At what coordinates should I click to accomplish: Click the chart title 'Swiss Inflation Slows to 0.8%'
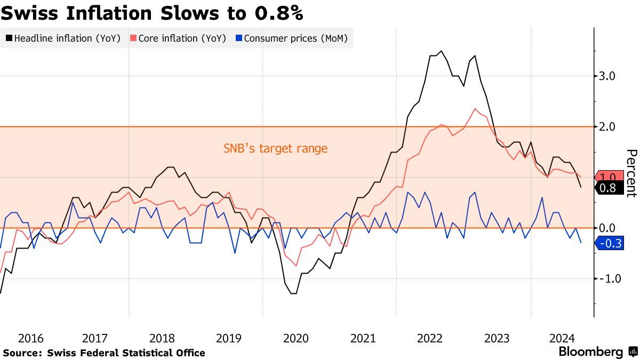click(x=152, y=13)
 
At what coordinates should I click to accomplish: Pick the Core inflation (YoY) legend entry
click(x=182, y=38)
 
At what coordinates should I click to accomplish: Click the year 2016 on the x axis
click(x=31, y=338)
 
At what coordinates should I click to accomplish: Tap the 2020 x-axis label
click(x=296, y=338)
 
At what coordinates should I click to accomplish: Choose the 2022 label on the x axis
click(x=430, y=338)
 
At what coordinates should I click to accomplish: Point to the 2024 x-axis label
click(x=563, y=338)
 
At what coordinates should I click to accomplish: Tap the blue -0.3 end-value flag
click(x=609, y=244)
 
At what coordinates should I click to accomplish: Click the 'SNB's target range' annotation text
click(x=275, y=148)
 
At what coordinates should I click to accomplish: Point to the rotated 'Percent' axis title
click(x=631, y=173)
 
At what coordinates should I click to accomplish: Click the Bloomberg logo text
click(x=590, y=352)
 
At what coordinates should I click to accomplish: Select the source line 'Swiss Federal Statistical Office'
click(x=126, y=353)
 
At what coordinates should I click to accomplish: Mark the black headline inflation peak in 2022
click(x=441, y=51)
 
